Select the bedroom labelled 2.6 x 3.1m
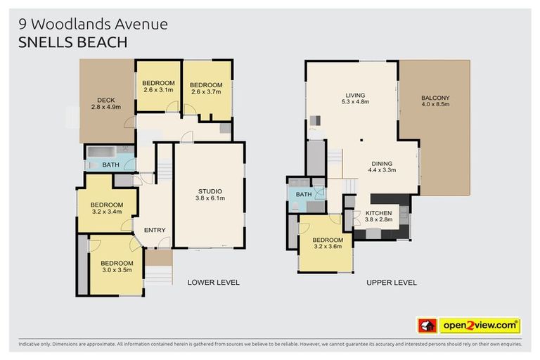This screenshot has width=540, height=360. (158, 86)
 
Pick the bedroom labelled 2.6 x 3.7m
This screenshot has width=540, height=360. (205, 88)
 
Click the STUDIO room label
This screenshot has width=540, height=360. (210, 195)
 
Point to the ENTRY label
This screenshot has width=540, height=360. (155, 231)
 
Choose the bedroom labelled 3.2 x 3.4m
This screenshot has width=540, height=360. (106, 208)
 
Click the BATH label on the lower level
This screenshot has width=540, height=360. (110, 165)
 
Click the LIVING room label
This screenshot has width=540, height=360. (355, 98)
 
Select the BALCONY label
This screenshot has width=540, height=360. (435, 101)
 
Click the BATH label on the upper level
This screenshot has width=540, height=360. (304, 194)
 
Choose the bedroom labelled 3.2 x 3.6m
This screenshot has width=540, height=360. (327, 243)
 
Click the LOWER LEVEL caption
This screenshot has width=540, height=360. (213, 282)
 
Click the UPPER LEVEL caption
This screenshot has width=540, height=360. (392, 282)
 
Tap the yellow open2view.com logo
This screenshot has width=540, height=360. (480, 326)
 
